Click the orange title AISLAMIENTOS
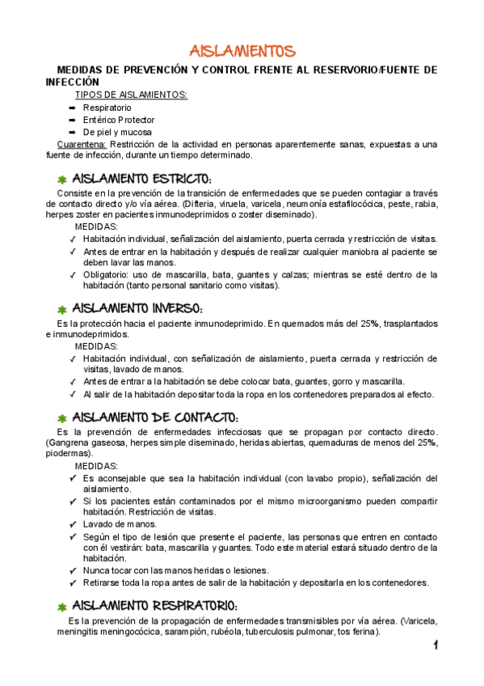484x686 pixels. (x=242, y=52)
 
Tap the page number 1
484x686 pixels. (x=435, y=645)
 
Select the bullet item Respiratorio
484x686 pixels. (x=107, y=108)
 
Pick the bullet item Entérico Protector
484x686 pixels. (x=118, y=120)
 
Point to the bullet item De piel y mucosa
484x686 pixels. (x=116, y=132)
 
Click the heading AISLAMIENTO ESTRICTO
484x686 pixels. (x=142, y=178)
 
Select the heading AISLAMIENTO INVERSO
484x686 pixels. (x=137, y=308)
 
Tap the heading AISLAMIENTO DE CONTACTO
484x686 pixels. (x=155, y=417)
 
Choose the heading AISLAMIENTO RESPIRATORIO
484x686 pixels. (x=154, y=605)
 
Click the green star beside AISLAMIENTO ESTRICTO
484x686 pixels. (x=61, y=179)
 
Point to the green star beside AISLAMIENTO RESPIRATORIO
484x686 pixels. (x=61, y=606)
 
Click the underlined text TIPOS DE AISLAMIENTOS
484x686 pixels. (x=131, y=95)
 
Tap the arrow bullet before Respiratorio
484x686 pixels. (x=72, y=108)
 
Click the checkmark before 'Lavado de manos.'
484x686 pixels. (x=74, y=523)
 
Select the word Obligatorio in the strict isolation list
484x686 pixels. (x=107, y=274)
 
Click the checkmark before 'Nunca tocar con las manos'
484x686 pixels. (x=74, y=570)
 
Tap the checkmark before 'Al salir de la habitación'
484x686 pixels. (x=74, y=394)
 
